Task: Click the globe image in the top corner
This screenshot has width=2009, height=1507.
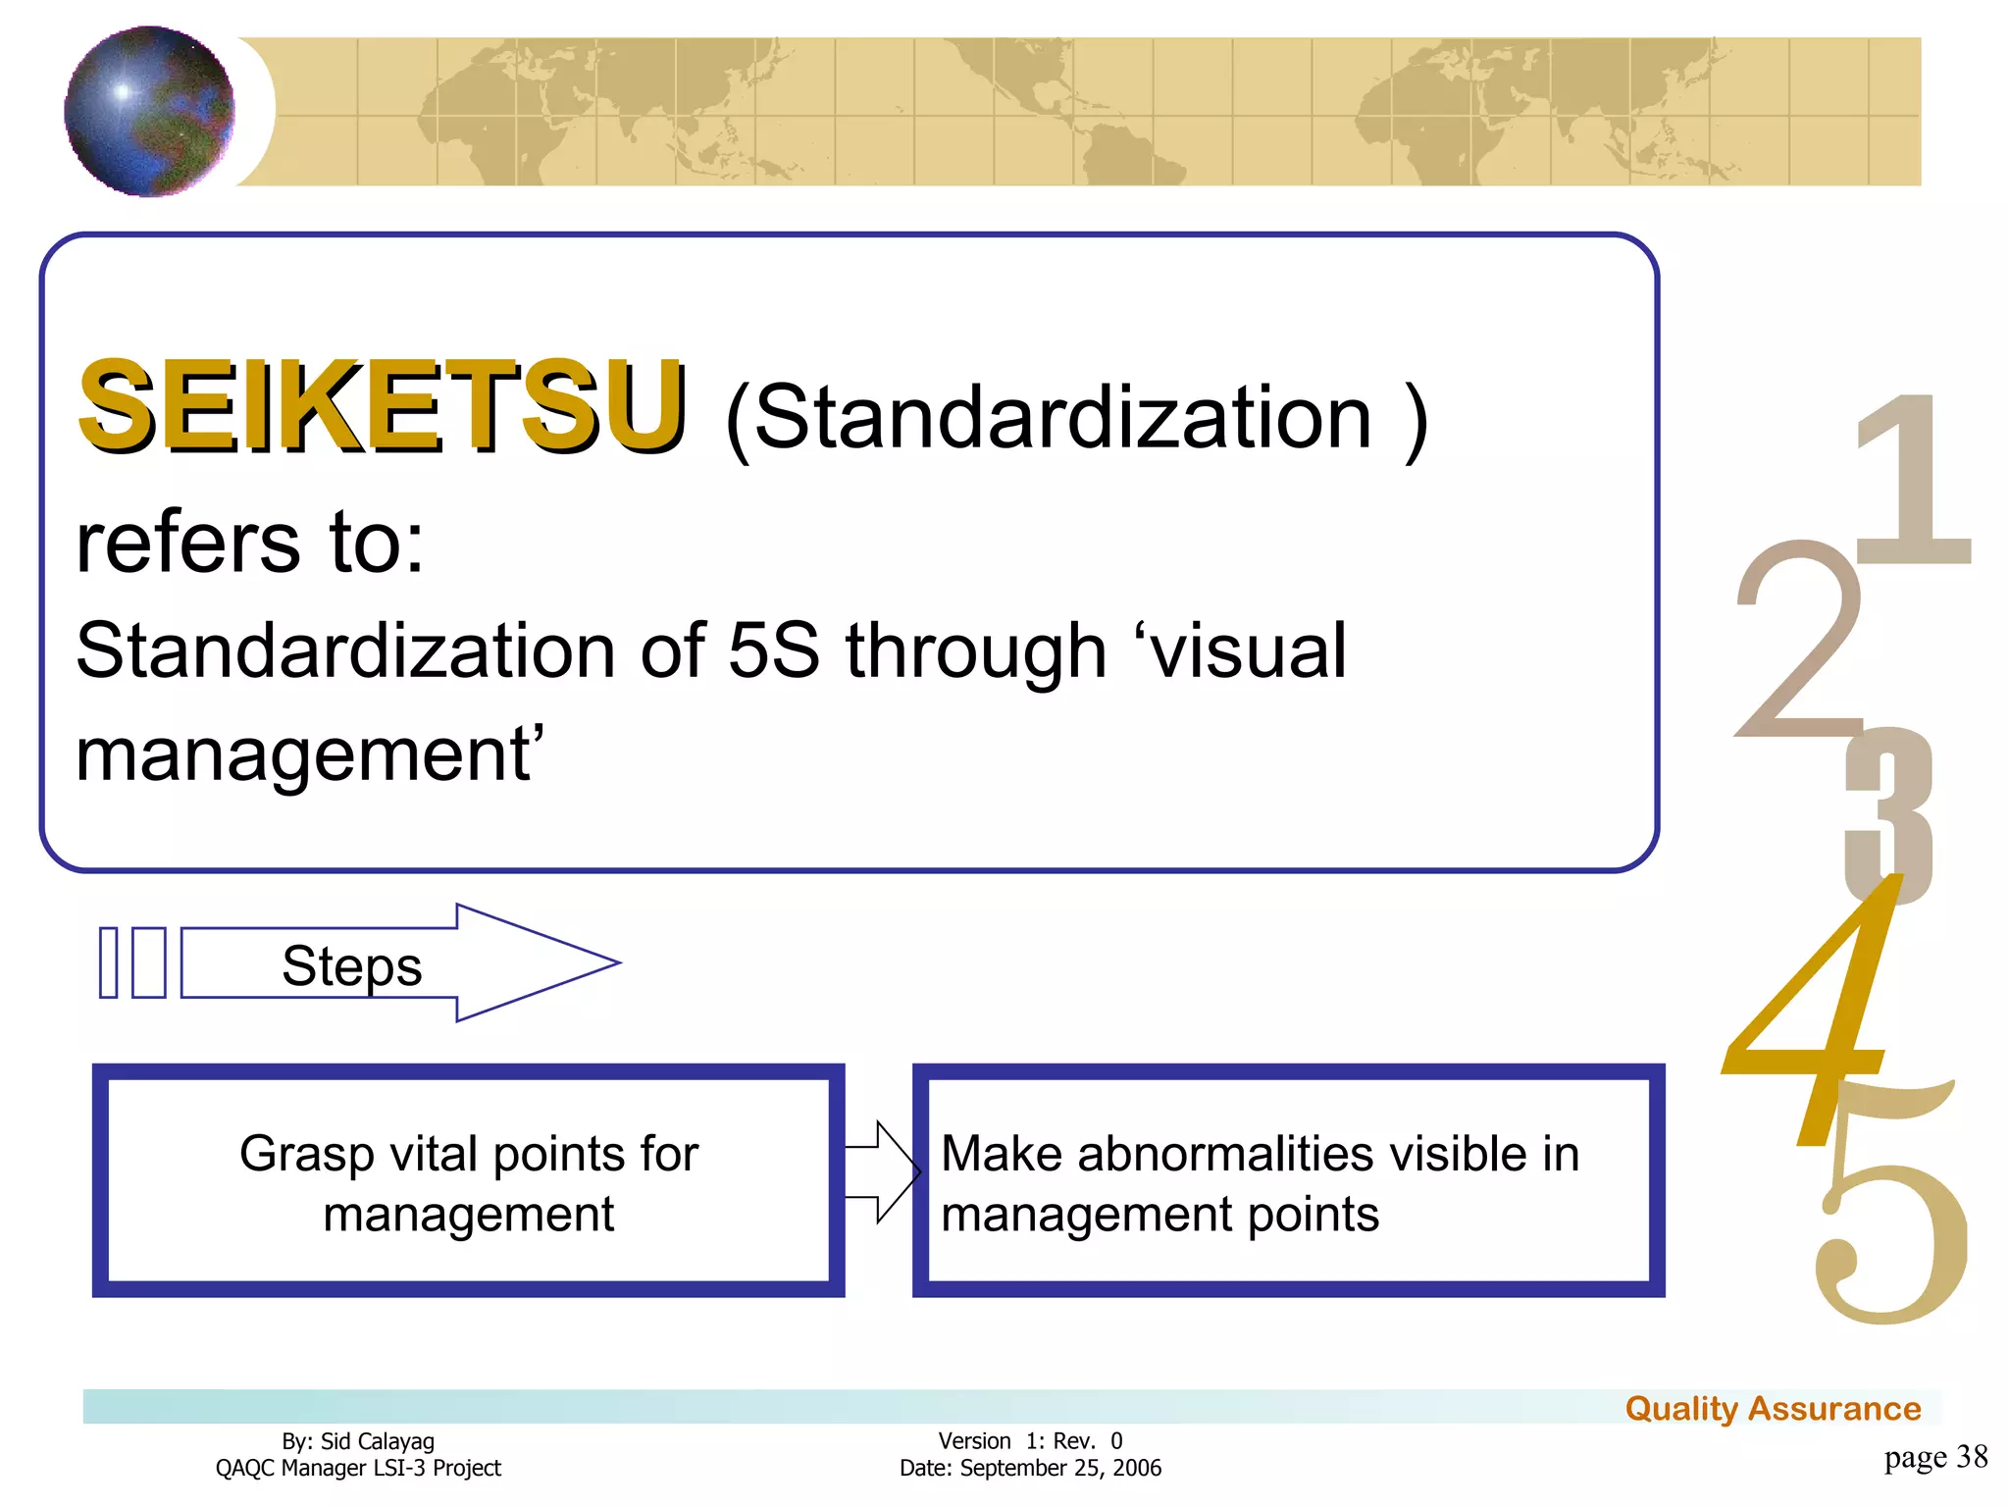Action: point(149,111)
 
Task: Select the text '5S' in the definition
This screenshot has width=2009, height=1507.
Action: point(773,650)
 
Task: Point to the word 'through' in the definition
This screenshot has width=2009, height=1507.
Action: point(976,652)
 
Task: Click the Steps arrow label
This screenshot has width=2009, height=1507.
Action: point(351,965)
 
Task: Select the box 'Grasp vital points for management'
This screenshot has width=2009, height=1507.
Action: point(468,1181)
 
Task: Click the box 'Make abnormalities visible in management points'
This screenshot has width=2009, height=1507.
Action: point(1288,1181)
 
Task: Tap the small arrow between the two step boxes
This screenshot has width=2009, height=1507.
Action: point(880,1171)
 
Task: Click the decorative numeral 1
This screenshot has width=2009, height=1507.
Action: point(1913,481)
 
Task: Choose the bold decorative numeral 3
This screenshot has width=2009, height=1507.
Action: point(1888,814)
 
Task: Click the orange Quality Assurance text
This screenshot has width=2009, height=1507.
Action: point(1773,1409)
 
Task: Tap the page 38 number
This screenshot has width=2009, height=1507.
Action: point(1935,1457)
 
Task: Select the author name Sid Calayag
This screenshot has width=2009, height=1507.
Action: point(377,1441)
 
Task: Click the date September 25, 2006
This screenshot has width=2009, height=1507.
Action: point(1060,1468)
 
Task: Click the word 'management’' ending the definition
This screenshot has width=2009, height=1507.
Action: point(310,755)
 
